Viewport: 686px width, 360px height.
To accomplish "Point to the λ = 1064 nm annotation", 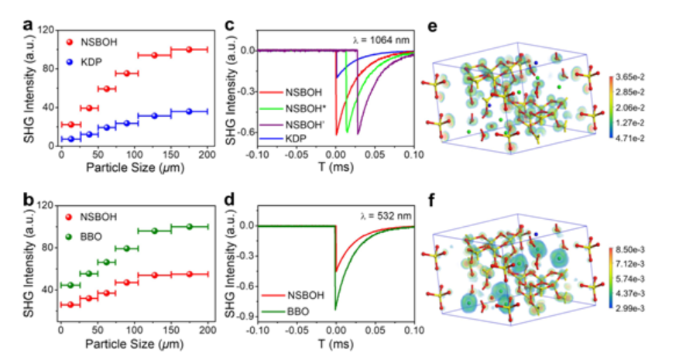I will tap(379, 40).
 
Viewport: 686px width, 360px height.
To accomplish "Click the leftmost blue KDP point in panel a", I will tap(71, 139).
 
